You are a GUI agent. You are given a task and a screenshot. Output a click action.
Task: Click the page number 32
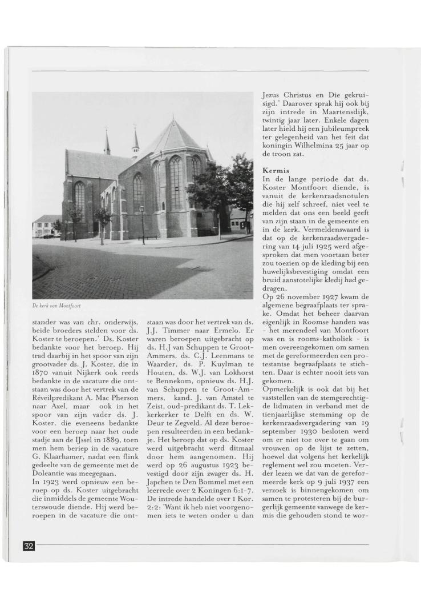coord(29,545)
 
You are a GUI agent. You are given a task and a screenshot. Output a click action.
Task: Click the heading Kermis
coord(276,171)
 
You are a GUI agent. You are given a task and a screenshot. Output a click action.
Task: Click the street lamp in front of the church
coord(143,223)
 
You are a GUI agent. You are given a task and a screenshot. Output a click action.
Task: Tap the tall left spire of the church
coord(107,143)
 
